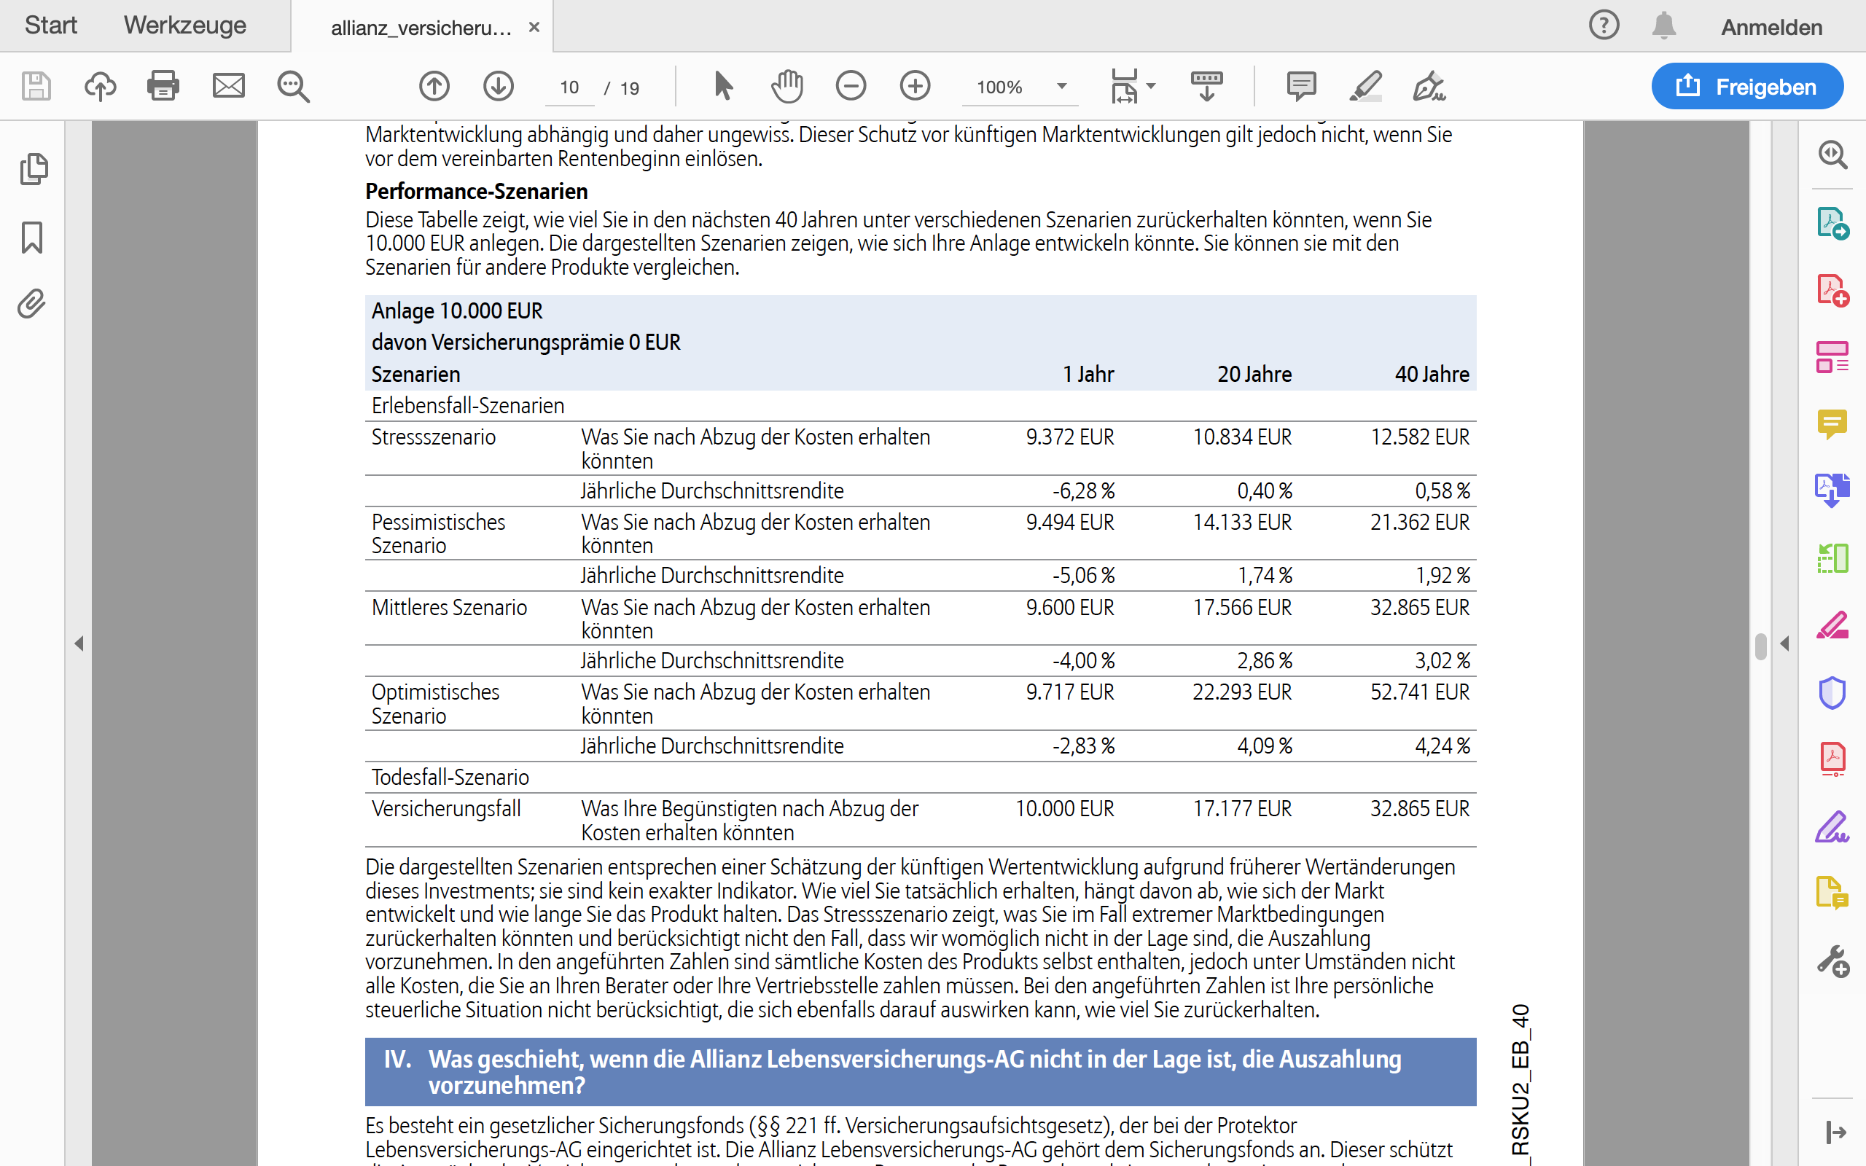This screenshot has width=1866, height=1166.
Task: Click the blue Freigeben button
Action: click(1746, 87)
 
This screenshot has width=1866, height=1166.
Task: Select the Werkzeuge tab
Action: click(185, 26)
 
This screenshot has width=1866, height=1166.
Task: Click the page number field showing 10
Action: click(569, 87)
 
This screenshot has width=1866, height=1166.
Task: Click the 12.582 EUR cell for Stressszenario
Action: click(1420, 437)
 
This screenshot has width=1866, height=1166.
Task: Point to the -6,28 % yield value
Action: click(1083, 491)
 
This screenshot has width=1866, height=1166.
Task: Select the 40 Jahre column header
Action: click(1431, 375)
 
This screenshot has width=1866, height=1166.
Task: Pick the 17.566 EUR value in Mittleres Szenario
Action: click(1241, 608)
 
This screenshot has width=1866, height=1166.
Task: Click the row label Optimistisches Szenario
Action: click(436, 703)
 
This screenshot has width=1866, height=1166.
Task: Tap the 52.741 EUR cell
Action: click(1420, 692)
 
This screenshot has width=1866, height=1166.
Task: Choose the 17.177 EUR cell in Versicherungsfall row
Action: click(1241, 809)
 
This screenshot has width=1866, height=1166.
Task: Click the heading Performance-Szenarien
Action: click(477, 191)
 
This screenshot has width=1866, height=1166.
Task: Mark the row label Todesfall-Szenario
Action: click(450, 778)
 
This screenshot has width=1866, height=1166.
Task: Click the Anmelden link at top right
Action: click(1771, 28)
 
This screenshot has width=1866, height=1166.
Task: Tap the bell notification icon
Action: click(1664, 26)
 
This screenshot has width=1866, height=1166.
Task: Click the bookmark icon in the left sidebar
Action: click(32, 238)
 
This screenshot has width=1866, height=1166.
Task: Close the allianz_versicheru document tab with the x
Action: click(534, 28)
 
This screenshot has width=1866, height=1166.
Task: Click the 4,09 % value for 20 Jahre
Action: click(1265, 746)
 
